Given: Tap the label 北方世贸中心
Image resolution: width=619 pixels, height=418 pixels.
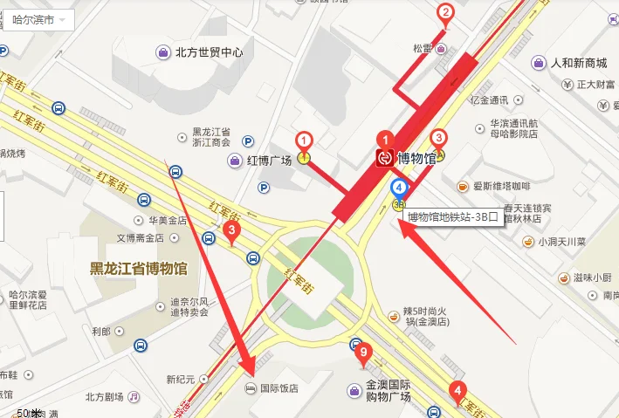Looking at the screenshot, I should click(209, 52).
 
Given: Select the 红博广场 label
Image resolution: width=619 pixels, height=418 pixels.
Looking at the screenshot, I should click(269, 161).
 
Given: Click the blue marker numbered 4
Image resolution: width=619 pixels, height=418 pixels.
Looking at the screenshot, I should click(399, 186).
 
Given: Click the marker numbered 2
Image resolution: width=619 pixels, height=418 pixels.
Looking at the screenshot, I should click(445, 12).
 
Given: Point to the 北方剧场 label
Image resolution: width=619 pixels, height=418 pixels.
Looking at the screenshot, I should click(105, 396).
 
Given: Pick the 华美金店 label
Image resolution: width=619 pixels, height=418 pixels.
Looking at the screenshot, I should click(166, 220).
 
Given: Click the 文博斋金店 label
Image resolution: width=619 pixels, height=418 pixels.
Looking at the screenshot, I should click(141, 238).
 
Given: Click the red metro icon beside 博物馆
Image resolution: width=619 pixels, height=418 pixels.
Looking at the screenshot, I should click(385, 158).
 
